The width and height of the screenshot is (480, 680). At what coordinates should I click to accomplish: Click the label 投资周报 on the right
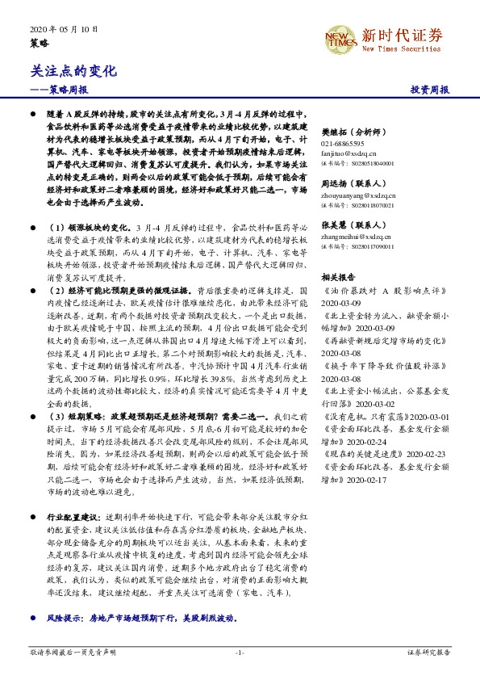(429, 90)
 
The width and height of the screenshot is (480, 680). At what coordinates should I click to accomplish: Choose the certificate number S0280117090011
(361, 246)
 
